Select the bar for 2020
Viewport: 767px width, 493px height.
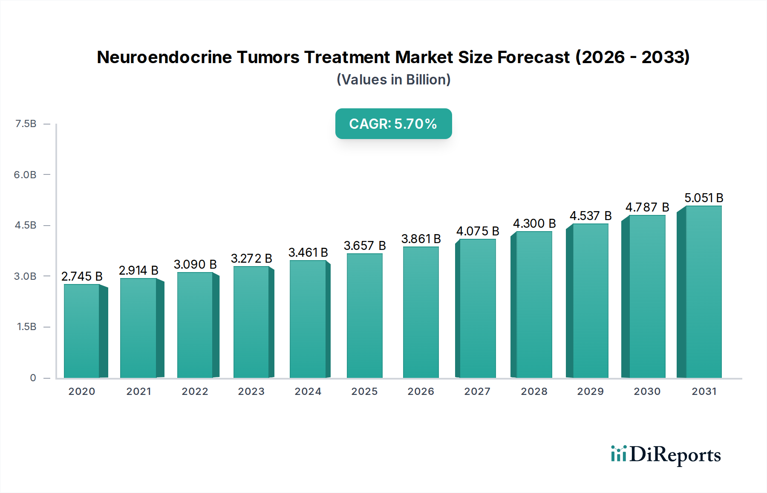(x=82, y=331)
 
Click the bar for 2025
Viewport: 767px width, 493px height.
(x=365, y=316)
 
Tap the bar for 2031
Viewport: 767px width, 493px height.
(x=703, y=292)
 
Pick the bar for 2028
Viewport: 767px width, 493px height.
(x=533, y=304)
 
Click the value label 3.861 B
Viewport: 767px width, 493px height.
(x=421, y=239)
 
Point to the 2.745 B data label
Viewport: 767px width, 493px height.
(x=82, y=276)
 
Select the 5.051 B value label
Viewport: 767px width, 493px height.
(x=704, y=198)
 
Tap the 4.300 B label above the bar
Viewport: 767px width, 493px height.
(x=534, y=223)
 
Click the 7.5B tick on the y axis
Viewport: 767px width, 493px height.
(x=26, y=124)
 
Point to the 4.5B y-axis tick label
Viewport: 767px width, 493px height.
(x=26, y=225)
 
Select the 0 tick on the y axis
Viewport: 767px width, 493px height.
(x=33, y=378)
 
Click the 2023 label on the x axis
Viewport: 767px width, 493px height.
(x=251, y=391)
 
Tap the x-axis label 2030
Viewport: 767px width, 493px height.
(x=647, y=391)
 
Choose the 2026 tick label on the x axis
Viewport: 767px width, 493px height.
(x=421, y=391)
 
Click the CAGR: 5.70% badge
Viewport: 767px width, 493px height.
(x=393, y=124)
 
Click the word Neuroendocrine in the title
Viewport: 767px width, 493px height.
(x=164, y=57)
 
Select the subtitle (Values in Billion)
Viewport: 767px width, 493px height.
(x=393, y=80)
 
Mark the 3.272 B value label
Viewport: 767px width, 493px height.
(x=251, y=258)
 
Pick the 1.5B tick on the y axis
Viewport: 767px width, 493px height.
(x=26, y=327)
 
